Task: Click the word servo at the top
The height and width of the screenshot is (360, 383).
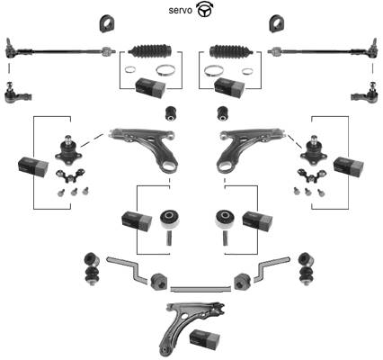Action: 181,11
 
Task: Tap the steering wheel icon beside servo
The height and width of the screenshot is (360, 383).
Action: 204,9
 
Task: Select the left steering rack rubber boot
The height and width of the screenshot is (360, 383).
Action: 150,50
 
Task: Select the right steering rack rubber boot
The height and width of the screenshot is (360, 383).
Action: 231,50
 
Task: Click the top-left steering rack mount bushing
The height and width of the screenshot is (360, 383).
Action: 108,23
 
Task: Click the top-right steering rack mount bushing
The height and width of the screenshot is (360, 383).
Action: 276,23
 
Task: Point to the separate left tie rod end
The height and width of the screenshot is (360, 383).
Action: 17,94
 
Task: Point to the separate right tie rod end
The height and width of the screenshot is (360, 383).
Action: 364,94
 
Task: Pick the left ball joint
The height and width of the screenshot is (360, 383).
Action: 68,150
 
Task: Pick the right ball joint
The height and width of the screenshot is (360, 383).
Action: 314,150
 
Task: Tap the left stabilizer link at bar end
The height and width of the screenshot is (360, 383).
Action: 92,268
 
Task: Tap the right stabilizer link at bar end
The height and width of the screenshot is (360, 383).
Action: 307,268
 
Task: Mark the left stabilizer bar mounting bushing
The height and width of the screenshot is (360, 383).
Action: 158,282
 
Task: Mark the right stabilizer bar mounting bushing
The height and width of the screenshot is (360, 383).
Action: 242,282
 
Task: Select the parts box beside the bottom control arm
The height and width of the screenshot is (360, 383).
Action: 205,338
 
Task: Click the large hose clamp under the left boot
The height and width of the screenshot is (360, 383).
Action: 165,71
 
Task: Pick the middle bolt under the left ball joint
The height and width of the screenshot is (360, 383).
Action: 74,192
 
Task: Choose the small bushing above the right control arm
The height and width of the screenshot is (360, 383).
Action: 223,113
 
